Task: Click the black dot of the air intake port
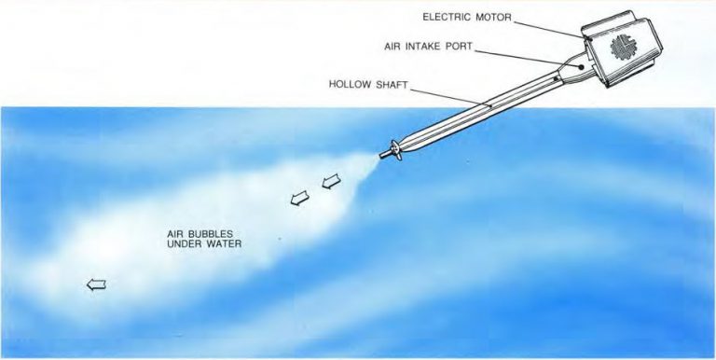coord(582,66)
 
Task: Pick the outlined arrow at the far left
coord(95,285)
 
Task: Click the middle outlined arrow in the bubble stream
coord(299,198)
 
